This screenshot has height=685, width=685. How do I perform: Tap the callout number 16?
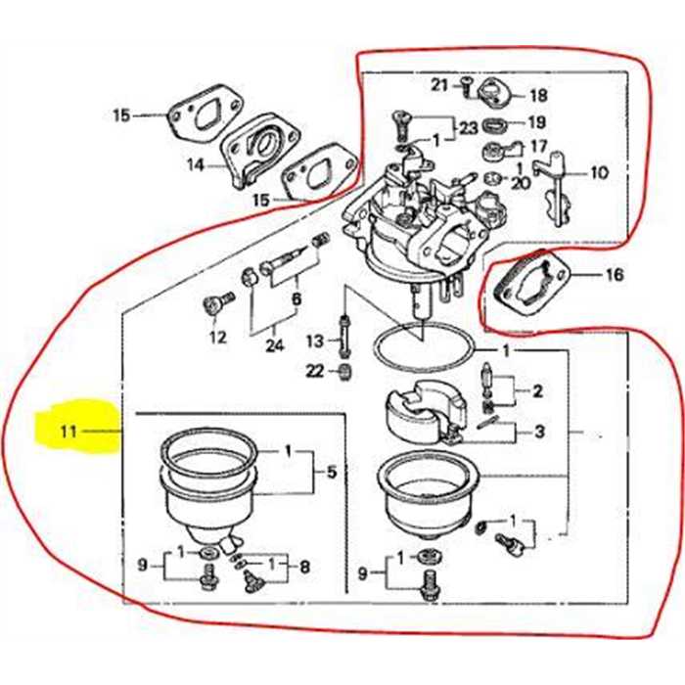614,275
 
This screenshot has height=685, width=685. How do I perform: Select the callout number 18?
539,96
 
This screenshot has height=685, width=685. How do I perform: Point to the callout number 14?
196,165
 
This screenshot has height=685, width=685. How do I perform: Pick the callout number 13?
314,341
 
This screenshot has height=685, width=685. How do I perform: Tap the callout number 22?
313,370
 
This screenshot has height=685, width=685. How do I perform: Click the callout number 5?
332,473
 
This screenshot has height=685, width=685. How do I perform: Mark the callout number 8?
303,566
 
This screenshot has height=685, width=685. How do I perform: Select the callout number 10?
598,173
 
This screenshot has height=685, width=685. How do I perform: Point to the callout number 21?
439,83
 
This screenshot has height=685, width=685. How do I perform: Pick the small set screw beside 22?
344,371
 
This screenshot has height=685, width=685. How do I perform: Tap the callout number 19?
537,123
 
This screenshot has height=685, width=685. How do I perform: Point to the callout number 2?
537,391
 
